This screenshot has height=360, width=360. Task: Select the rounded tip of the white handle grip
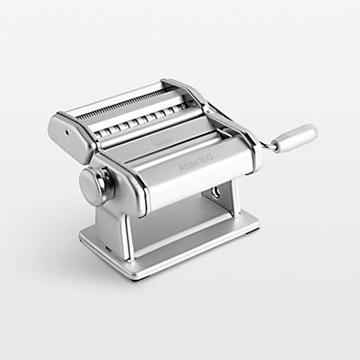pos(314,133)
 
